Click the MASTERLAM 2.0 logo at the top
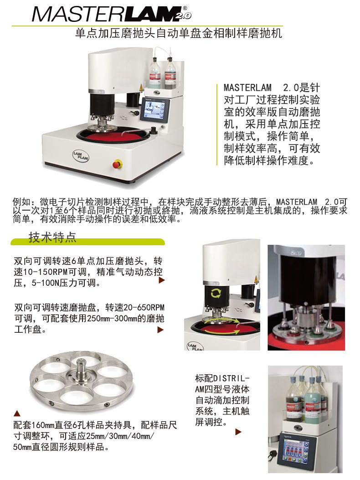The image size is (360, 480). pos(112,14)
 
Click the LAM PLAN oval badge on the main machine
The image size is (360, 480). pos(81,155)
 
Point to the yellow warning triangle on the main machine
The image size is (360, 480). pos(141,87)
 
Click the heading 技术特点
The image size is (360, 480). pos(52,237)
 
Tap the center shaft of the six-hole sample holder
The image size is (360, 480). pos(82,369)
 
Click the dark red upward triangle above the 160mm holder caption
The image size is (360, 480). pos(17,413)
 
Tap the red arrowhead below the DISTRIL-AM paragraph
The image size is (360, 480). pos(238,432)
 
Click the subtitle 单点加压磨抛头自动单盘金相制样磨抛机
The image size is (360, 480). pos(179,33)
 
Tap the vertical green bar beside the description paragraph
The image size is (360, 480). pos(217,124)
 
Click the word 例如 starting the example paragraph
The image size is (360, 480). pos(21,202)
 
